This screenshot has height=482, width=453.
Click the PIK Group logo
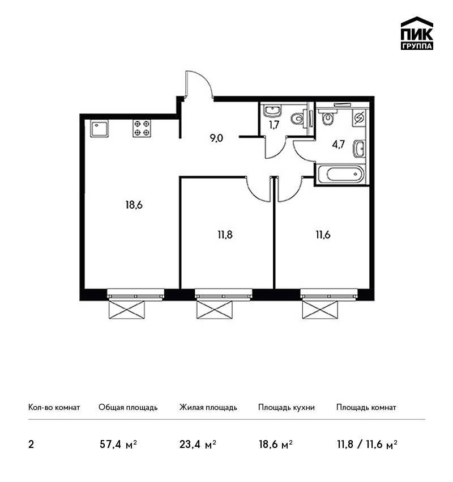pos(417,33)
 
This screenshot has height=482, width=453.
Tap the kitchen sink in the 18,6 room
pos(99,129)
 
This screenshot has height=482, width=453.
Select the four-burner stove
pos(142,128)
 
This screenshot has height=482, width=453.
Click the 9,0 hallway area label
pos(216,138)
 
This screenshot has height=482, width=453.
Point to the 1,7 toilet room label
pos(275,125)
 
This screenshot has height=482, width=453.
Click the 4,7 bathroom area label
pos(339,144)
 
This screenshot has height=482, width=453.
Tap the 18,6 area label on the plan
pos(134,205)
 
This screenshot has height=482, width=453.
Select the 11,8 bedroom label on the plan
pos(225,235)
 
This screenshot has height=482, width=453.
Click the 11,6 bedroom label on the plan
pos(323,235)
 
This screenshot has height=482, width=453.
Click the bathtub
pos(341,174)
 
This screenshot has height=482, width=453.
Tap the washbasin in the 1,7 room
pos(272,111)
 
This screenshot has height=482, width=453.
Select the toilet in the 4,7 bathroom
pos(328,117)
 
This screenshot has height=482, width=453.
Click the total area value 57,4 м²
pos(118,445)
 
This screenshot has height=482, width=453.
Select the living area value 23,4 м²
pos(198,445)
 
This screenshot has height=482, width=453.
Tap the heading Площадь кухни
pos(287,408)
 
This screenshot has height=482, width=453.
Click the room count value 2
pos(31,445)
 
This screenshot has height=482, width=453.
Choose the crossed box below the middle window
pos(214,310)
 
